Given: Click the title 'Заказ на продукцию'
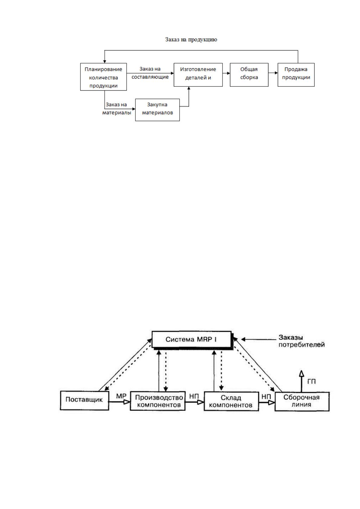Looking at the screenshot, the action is click(x=191, y=40).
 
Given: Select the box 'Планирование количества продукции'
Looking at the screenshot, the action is click(x=103, y=77).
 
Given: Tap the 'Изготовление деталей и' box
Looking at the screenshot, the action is click(x=198, y=75).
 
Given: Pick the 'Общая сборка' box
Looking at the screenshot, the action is click(x=249, y=75).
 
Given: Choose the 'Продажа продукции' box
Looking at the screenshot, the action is click(x=296, y=75).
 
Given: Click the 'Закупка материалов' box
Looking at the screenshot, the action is click(x=157, y=110).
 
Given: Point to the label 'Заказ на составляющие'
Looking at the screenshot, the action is click(x=150, y=73).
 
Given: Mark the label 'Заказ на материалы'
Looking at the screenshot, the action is click(x=117, y=109).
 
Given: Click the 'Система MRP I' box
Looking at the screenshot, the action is click(x=191, y=339).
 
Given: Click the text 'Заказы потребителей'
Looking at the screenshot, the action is click(x=302, y=341).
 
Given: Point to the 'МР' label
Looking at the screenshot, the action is click(x=121, y=396).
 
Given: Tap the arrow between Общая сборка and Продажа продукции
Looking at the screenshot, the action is click(x=273, y=73).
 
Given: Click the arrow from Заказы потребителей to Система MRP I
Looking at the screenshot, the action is click(x=259, y=339).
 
